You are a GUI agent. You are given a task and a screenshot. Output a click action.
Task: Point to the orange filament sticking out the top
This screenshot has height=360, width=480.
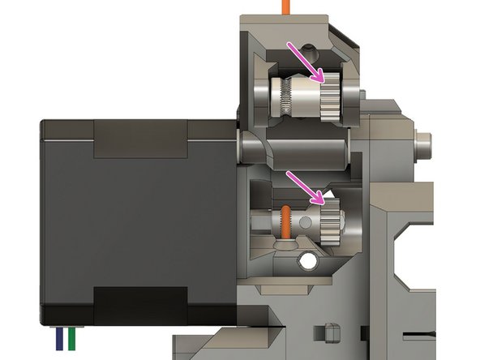coord(285,6)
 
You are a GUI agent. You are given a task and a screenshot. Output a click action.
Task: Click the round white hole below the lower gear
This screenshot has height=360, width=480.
coord(309,261)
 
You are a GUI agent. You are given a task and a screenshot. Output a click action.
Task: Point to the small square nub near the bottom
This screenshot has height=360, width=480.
coord(330,332)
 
